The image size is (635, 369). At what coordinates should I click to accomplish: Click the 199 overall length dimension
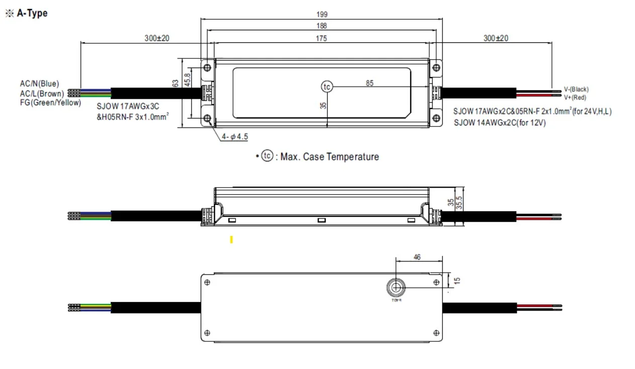322,15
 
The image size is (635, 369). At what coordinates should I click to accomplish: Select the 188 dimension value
322,26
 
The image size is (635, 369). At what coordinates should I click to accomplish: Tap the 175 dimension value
322,38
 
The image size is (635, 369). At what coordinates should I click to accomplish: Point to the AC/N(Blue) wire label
39,84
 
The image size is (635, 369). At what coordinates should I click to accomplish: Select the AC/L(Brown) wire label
42,93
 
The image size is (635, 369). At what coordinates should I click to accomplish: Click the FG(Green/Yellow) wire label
50,103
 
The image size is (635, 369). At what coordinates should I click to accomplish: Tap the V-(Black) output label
576,89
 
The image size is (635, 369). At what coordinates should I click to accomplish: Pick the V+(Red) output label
575,97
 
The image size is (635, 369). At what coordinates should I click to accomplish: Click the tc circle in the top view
327,87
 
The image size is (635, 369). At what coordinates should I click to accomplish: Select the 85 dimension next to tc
370,83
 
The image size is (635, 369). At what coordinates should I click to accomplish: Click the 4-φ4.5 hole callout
235,137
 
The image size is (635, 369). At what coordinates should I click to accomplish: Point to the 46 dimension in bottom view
417,257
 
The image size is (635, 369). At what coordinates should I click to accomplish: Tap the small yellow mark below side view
231,240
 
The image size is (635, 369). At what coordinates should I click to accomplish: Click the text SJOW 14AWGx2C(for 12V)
500,122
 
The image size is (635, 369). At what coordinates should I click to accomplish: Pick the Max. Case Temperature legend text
329,157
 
